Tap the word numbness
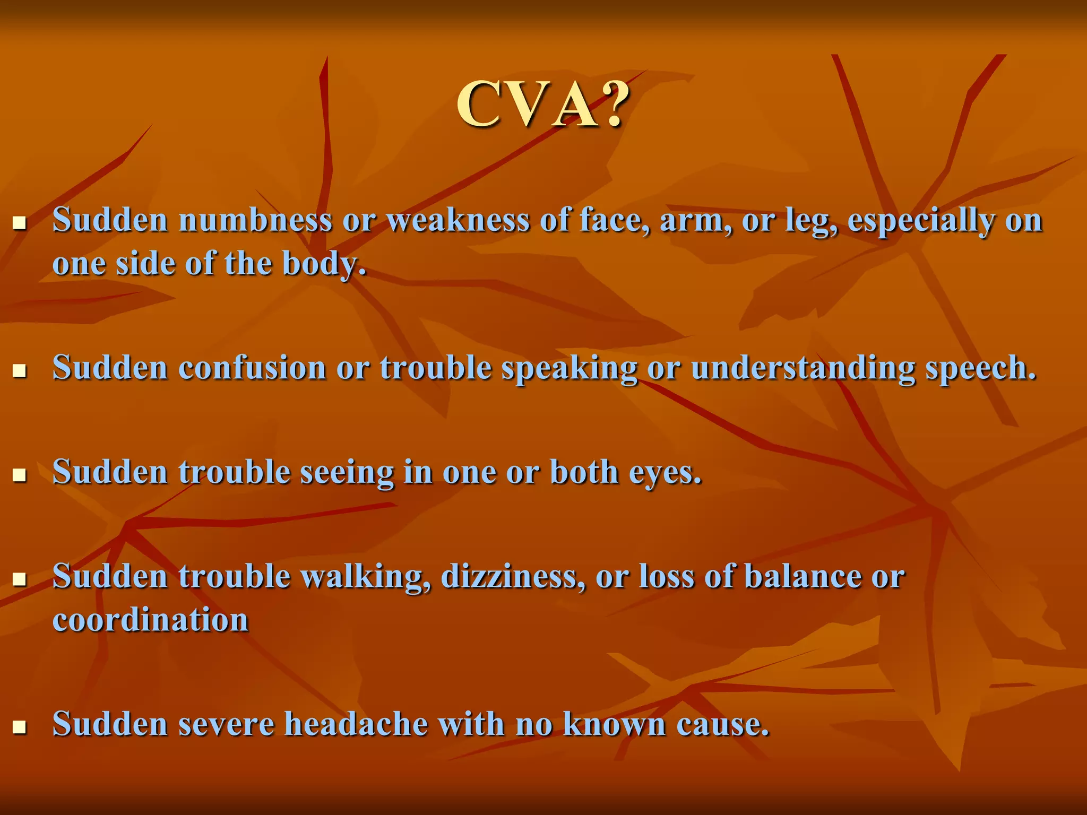[x=255, y=220]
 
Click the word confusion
[x=252, y=367]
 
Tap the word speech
[x=981, y=368]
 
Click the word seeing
[x=347, y=472]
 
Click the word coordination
[x=150, y=620]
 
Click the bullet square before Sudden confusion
[x=20, y=370]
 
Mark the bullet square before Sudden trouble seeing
[x=20, y=474]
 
